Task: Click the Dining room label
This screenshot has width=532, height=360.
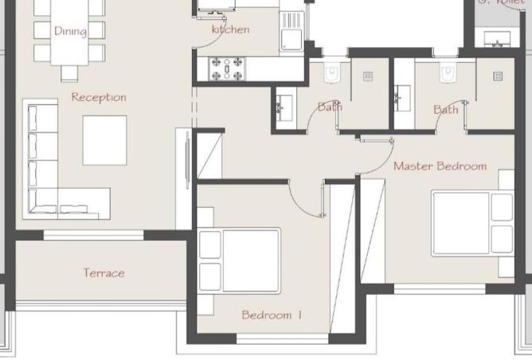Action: tap(70, 31)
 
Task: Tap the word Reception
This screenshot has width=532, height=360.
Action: tap(99, 97)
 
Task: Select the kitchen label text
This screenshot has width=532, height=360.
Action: tap(230, 29)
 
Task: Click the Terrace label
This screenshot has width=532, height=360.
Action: tap(104, 273)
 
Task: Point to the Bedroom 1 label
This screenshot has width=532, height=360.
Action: tap(272, 315)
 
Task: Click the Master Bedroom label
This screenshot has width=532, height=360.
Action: tap(440, 166)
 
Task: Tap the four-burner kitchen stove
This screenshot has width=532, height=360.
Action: tap(225, 68)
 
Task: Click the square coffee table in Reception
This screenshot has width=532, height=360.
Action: tap(104, 140)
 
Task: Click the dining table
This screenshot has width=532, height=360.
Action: tap(70, 32)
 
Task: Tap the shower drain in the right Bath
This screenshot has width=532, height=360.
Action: tap(498, 76)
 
